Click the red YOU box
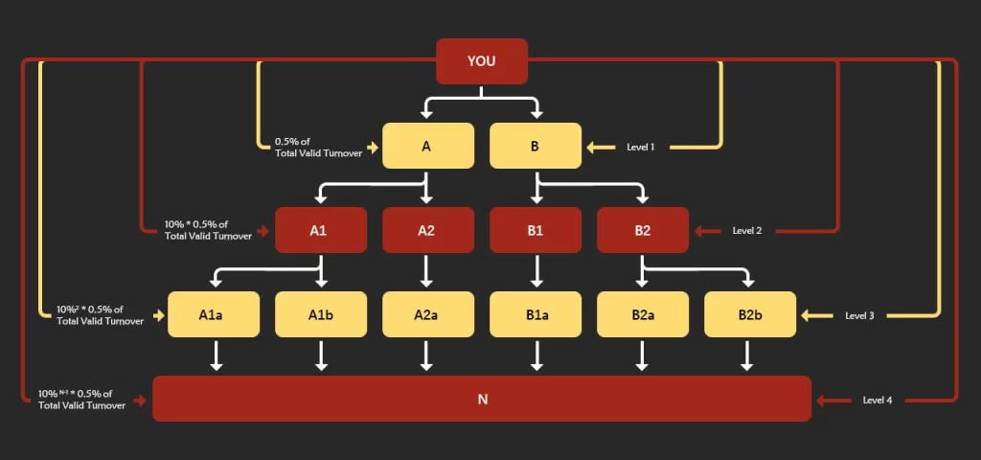[x=482, y=61]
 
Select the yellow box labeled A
[x=428, y=147]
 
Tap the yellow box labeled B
[x=536, y=147]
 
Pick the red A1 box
[x=321, y=230]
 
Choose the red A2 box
[x=428, y=230]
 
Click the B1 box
[x=536, y=230]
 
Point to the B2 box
[x=643, y=230]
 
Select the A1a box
[x=214, y=314]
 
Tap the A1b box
[x=321, y=314]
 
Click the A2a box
[x=428, y=314]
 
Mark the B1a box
[x=536, y=314]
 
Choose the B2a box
[x=643, y=314]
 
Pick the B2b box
[x=750, y=314]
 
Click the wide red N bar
[x=482, y=399]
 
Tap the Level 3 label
[x=859, y=315]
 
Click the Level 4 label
[x=877, y=400]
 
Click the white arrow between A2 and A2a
[x=428, y=271]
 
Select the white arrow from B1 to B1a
[x=536, y=271]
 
